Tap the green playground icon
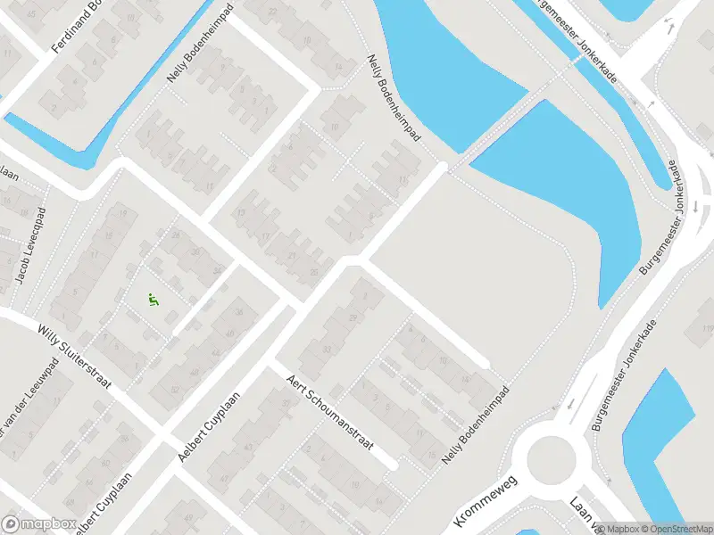(x=154, y=300)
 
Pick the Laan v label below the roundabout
(x=585, y=514)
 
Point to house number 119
(x=706, y=330)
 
